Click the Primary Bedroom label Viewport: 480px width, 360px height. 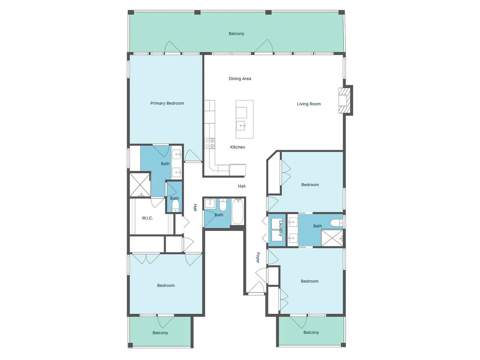point(167,103)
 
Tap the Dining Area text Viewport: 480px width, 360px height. point(240,78)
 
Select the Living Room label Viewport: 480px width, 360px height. point(309,104)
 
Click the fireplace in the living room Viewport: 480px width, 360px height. point(344,100)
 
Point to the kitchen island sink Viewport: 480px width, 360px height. point(241,126)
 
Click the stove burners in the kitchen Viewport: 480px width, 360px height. point(210,144)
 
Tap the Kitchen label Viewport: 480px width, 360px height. point(237,147)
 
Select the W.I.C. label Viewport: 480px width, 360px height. point(147,218)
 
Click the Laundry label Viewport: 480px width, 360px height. point(281,228)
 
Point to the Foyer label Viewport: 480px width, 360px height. point(258,258)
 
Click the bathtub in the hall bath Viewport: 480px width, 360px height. point(238,211)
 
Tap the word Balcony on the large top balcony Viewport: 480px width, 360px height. point(236,34)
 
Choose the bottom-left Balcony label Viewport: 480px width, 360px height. point(160,333)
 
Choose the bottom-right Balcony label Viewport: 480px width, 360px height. point(311,332)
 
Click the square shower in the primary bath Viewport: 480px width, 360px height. point(140,185)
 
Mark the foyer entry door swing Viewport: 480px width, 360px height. point(257,287)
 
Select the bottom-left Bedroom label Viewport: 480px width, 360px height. point(166,285)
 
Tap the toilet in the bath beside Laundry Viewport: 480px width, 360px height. point(336,223)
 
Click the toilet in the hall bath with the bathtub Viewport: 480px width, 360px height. point(223,204)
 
